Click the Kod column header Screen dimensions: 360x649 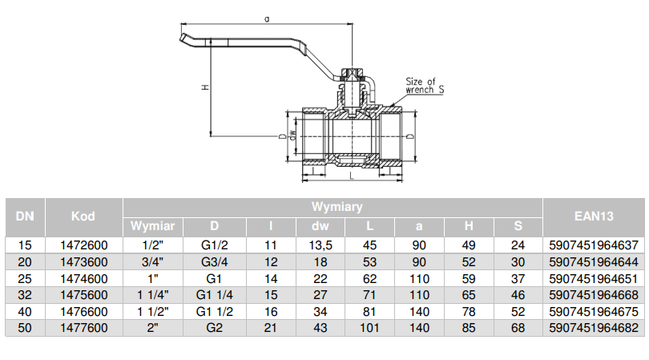83,216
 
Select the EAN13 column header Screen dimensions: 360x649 594,216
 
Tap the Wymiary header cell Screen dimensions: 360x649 333,206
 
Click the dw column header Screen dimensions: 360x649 320,225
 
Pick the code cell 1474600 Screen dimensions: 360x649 83,277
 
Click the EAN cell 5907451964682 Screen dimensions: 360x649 594,328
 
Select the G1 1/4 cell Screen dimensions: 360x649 214,294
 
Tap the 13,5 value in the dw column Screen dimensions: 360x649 320,244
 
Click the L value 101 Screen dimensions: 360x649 369,328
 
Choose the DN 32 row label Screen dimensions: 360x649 25,294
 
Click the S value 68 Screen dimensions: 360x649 518,328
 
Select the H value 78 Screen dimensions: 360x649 469,311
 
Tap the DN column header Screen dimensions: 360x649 25,216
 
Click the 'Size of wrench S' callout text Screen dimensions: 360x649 424,86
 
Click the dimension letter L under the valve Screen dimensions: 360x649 350,174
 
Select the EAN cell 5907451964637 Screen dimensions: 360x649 594,244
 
